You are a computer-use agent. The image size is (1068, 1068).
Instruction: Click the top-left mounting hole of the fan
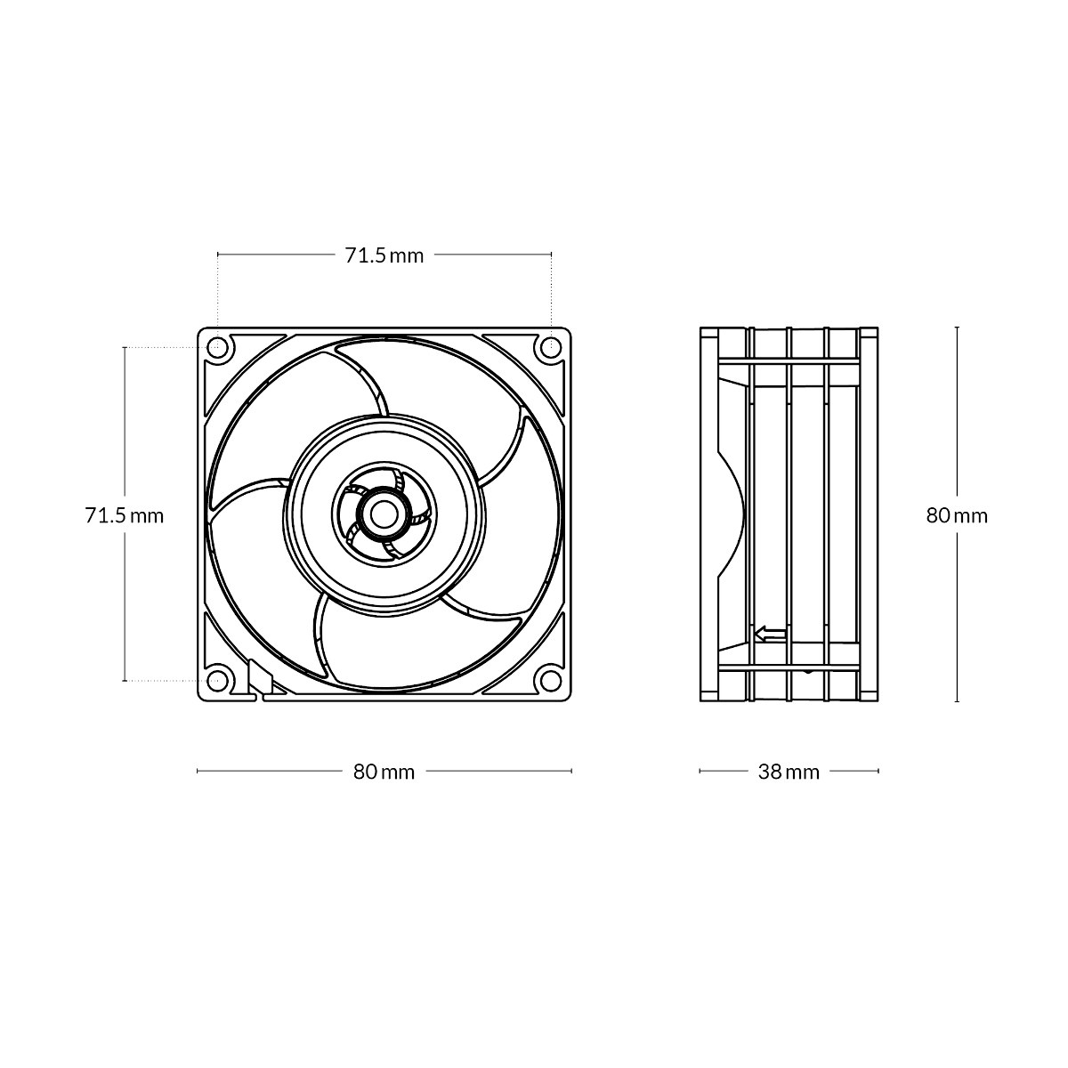(x=217, y=347)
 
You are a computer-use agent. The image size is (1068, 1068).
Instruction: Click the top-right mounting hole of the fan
(x=550, y=347)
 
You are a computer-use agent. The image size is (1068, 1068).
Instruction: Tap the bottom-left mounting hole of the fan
(x=217, y=680)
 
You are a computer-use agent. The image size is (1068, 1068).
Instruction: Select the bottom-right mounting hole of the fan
(x=550, y=680)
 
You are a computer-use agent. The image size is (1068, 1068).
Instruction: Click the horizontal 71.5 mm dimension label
(x=384, y=255)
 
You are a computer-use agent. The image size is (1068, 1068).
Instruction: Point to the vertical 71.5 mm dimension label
(x=124, y=516)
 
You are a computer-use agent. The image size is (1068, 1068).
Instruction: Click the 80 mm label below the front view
(x=384, y=772)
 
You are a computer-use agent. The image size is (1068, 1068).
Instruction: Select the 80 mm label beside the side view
(x=957, y=516)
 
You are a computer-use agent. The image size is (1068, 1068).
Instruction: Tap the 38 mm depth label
(x=789, y=772)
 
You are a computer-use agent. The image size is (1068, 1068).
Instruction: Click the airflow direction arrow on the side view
(x=771, y=634)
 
